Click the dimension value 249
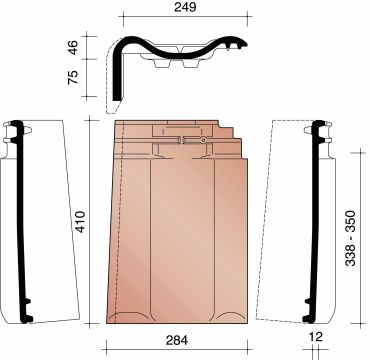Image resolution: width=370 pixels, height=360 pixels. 185,7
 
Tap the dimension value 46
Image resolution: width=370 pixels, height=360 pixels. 73,47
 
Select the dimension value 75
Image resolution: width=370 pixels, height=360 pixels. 73,77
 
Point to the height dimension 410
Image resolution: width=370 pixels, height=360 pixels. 80,222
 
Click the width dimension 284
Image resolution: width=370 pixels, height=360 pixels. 177,340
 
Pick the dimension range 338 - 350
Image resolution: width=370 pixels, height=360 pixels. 350,238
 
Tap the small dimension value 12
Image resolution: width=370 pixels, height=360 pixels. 316,337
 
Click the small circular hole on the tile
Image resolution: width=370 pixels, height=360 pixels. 203,140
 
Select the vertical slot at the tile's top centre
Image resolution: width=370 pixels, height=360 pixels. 183,140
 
